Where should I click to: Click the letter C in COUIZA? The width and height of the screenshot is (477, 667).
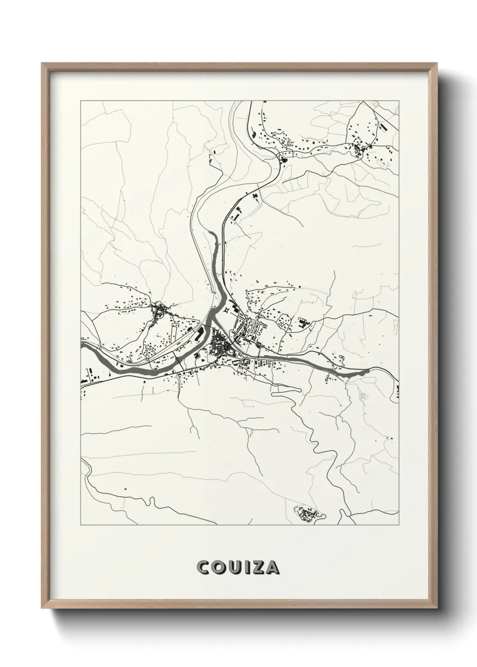pyautogui.click(x=203, y=567)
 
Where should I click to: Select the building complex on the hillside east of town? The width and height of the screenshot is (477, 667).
pyautogui.click(x=303, y=322)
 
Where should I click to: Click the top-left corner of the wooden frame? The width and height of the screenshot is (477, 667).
pyautogui.click(x=42, y=64)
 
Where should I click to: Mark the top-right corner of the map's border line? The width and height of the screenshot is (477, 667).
pyautogui.click(x=399, y=101)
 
